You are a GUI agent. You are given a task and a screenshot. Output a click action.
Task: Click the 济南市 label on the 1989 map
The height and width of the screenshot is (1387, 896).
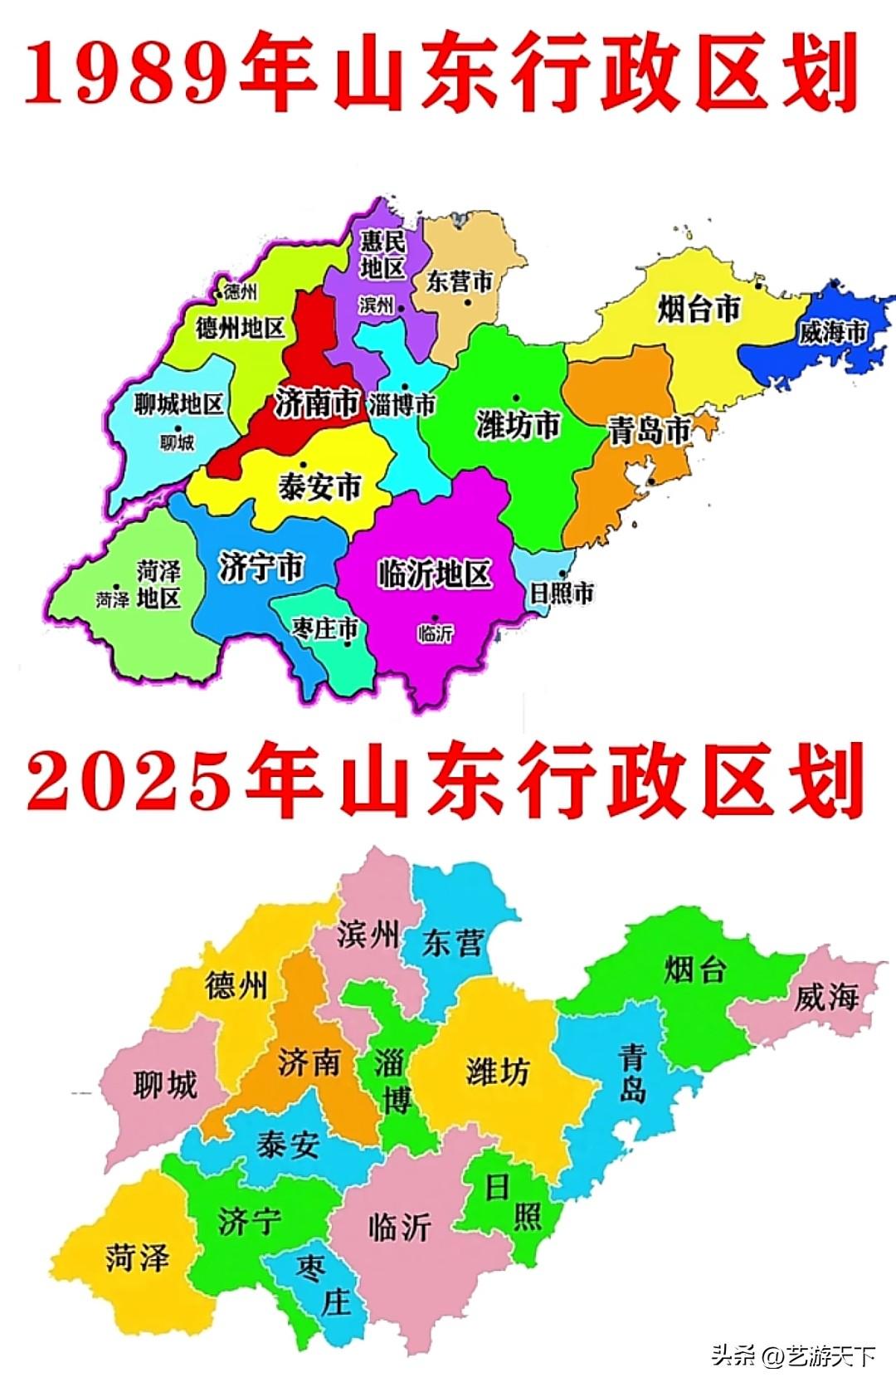(x=317, y=403)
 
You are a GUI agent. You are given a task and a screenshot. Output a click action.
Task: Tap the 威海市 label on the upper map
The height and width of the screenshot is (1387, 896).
(x=832, y=332)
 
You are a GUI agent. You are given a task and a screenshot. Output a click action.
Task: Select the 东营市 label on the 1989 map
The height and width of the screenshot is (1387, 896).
(x=459, y=281)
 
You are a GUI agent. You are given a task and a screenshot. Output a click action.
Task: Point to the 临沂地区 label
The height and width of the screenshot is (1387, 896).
(x=435, y=574)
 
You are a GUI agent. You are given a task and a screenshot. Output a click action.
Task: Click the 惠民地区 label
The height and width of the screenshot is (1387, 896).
(x=382, y=254)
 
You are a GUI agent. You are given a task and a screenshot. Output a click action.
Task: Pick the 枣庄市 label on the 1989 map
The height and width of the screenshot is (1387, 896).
(x=324, y=628)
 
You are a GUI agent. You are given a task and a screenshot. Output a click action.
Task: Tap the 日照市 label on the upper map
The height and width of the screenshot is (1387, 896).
(x=562, y=593)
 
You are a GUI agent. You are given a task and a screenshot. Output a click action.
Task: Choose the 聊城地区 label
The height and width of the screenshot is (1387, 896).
(x=179, y=404)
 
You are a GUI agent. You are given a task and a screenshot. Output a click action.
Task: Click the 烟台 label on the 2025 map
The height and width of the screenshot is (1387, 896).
(x=695, y=969)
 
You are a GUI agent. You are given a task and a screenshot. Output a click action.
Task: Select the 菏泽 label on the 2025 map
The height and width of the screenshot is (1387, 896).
(x=137, y=1258)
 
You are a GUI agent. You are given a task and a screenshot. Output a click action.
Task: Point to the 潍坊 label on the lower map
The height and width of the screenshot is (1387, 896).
(x=497, y=1072)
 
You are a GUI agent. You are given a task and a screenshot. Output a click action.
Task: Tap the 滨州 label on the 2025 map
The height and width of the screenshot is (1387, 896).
(x=368, y=935)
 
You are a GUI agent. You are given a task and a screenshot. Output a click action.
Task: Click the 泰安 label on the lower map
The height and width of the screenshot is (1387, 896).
(x=288, y=1145)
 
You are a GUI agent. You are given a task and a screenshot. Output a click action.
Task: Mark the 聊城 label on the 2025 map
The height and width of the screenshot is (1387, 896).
(x=165, y=1085)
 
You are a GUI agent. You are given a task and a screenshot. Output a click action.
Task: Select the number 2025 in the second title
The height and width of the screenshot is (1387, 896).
(x=128, y=779)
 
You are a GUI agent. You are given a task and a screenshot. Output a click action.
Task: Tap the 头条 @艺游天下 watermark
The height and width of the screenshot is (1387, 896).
(x=792, y=1356)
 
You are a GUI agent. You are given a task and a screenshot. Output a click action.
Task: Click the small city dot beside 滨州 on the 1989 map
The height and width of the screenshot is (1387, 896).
(x=402, y=308)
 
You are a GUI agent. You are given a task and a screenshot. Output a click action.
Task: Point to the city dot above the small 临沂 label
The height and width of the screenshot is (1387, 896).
(x=436, y=618)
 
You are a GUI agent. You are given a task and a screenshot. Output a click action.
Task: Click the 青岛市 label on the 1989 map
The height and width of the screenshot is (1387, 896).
(x=650, y=431)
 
